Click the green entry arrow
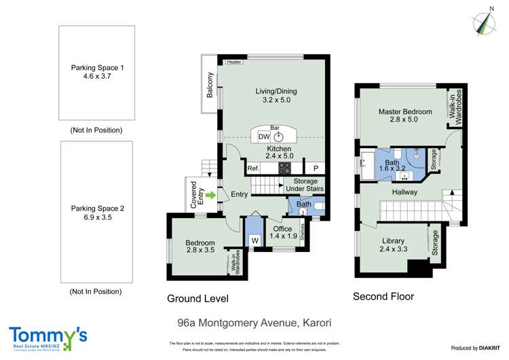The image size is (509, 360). (x=210, y=195)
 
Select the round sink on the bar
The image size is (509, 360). (x=278, y=137)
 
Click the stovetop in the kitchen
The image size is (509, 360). (x=284, y=168)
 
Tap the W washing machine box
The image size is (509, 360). (x=255, y=240)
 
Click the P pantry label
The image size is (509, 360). (x=315, y=168)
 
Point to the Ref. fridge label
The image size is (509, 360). (x=253, y=168)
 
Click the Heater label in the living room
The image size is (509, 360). (x=235, y=62)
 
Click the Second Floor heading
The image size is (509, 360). (x=383, y=297)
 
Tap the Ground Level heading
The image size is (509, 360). (x=197, y=298)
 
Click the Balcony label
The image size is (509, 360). (x=210, y=84)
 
